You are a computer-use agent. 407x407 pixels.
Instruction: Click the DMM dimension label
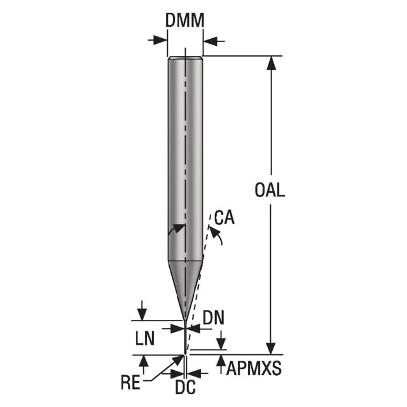[x=185, y=20]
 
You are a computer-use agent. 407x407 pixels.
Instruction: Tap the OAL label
[x=270, y=190]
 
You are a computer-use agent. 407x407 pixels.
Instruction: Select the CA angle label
[x=224, y=217]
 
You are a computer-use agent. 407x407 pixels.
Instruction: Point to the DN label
[x=214, y=318]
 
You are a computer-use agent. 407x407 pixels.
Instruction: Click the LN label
[x=145, y=338]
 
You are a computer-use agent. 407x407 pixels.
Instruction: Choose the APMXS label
[x=254, y=368]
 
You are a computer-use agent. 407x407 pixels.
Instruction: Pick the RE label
[x=130, y=382]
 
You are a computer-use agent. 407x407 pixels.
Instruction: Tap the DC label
[x=185, y=387]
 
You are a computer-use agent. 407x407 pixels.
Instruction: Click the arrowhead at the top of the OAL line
[x=271, y=63]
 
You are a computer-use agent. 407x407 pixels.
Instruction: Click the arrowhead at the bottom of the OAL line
[x=271, y=348]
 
